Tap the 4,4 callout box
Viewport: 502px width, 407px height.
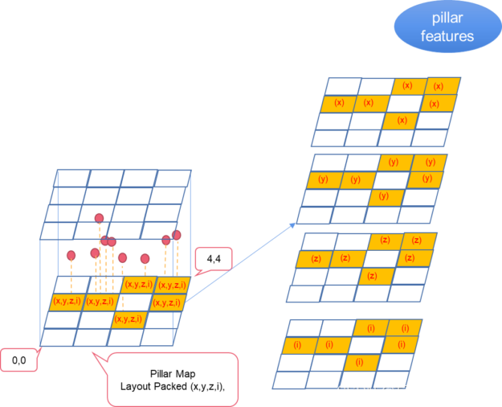tap(215, 260)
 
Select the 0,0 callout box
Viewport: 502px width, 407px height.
tap(18, 361)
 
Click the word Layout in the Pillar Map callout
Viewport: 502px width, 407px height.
tap(137, 386)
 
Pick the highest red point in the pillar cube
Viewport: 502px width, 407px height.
tap(100, 218)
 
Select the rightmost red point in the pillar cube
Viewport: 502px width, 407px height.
tap(177, 235)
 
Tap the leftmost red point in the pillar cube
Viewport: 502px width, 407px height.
tap(71, 256)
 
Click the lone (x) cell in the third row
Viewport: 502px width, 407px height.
tap(402, 121)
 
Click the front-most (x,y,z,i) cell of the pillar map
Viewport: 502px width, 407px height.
tap(127, 319)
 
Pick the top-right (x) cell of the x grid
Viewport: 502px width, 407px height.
tap(439, 86)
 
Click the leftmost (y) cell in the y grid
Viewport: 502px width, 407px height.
tap(323, 179)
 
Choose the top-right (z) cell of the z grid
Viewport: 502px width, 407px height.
tap(417, 240)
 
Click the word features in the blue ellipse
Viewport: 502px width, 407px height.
tap(447, 36)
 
